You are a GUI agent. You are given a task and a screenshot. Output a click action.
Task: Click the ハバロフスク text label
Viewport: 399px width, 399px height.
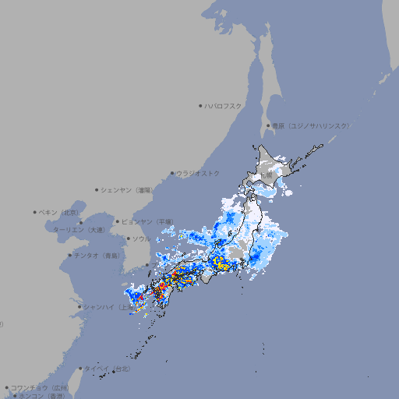[224, 105]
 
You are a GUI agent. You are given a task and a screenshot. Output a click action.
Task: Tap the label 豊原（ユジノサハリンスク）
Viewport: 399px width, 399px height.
[310, 125]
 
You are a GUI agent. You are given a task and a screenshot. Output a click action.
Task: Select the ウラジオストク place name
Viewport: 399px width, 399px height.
[198, 173]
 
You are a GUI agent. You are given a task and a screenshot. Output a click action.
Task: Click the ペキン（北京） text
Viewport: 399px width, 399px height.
[59, 212]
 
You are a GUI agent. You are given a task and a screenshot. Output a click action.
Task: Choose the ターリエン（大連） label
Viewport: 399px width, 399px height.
[79, 230]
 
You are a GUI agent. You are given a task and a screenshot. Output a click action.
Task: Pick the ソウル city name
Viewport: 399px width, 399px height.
[141, 238]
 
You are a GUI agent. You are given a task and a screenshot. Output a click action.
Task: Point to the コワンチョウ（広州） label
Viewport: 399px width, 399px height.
[40, 387]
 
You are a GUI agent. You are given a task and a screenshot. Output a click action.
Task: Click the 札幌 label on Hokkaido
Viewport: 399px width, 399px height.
[267, 175]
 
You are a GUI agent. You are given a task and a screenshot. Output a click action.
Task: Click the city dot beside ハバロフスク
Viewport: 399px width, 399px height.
[200, 105]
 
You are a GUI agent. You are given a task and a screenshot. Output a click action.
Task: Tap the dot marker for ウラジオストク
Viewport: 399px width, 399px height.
[172, 173]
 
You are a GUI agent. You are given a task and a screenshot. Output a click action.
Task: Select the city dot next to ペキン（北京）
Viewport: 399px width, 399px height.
[35, 212]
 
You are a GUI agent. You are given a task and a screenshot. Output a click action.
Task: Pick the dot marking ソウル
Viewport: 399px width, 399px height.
[127, 238]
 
